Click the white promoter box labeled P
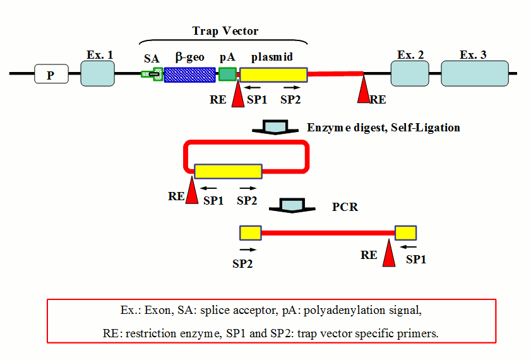coord(51,75)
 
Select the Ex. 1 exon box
coord(98,74)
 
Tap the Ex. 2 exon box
coord(409,74)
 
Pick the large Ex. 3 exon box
coord(474,74)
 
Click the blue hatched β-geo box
coord(189,75)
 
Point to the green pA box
coord(227,75)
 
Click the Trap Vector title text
coord(225,31)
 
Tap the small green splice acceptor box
coord(152,75)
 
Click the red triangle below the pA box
coord(238,95)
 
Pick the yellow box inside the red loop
coord(228,171)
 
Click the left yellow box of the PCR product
coord(250,233)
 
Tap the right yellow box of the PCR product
coord(405,232)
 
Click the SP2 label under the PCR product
coord(243,263)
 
